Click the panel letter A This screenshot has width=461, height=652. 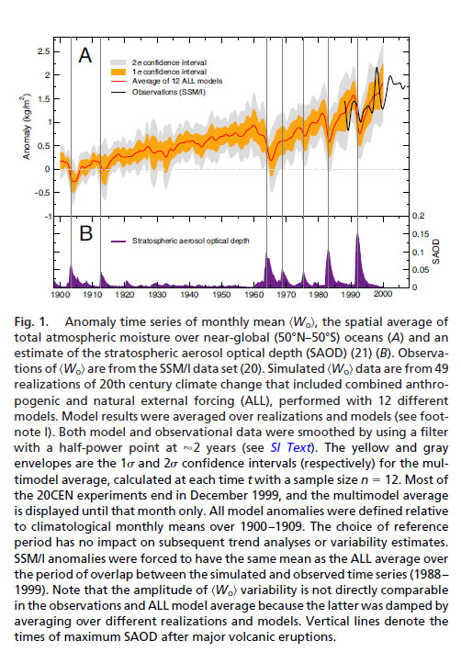[x=84, y=55]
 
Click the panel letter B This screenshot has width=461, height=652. [x=85, y=233]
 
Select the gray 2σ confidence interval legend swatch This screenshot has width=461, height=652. [x=118, y=62]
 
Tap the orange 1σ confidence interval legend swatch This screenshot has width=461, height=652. [x=118, y=72]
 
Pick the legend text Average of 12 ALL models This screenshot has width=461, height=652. [x=177, y=81]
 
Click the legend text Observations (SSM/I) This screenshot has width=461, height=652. [x=168, y=92]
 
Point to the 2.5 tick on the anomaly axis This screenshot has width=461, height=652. [x=44, y=51]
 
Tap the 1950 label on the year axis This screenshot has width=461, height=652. [x=221, y=295]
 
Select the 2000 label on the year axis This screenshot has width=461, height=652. [x=383, y=294]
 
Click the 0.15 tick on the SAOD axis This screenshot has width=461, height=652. [x=421, y=233]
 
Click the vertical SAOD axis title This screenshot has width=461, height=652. [x=435, y=251]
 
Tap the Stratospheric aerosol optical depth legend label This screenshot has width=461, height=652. [x=191, y=241]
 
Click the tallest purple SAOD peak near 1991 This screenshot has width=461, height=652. [x=357, y=235]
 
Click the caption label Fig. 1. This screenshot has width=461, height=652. [x=31, y=322]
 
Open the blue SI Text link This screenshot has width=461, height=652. [x=290, y=447]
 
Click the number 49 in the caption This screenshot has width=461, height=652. [x=441, y=369]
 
